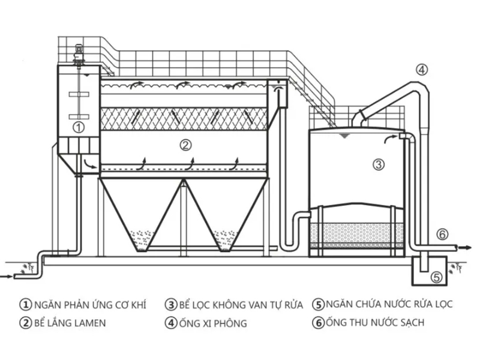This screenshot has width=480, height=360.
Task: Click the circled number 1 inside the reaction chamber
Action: pyautogui.click(x=78, y=127)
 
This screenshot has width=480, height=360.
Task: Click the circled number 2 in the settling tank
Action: pyautogui.click(x=185, y=145)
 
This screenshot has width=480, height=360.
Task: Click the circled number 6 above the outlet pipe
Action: pyautogui.click(x=442, y=234)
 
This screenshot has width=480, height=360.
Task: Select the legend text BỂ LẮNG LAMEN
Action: pyautogui.click(x=70, y=323)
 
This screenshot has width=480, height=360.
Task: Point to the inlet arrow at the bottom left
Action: pyautogui.click(x=7, y=277)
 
